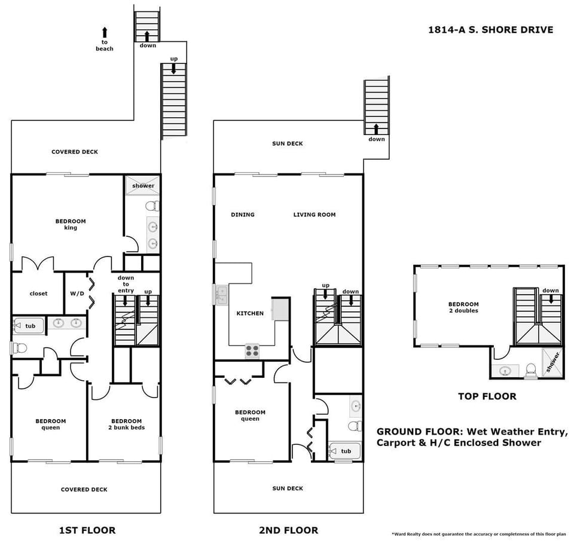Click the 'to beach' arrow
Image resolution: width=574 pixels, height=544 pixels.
point(105,33)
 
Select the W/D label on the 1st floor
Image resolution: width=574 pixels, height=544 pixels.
point(77,294)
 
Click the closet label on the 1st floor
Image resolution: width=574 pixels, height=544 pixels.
point(38,294)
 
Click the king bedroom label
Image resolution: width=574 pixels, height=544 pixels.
point(71,224)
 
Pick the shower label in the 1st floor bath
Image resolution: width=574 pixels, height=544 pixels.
point(143,186)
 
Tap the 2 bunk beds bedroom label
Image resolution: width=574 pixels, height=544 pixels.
point(126,424)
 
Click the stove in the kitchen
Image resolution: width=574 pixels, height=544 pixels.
point(252,351)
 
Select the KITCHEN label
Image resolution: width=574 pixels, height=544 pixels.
point(250,313)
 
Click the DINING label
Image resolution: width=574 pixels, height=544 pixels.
point(243,215)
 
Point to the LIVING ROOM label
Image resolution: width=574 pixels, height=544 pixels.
point(314,215)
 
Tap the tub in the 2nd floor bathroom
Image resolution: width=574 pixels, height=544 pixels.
point(344,451)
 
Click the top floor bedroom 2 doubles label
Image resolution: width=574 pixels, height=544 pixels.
point(463,307)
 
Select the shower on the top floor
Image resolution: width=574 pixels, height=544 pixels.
point(552,362)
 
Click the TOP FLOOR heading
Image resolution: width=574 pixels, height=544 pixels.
point(487,396)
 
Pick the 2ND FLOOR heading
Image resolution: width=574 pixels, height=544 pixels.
point(288,530)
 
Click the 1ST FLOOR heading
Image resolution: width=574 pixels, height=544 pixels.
point(87,530)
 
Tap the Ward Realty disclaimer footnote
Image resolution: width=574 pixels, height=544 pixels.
point(478,533)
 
